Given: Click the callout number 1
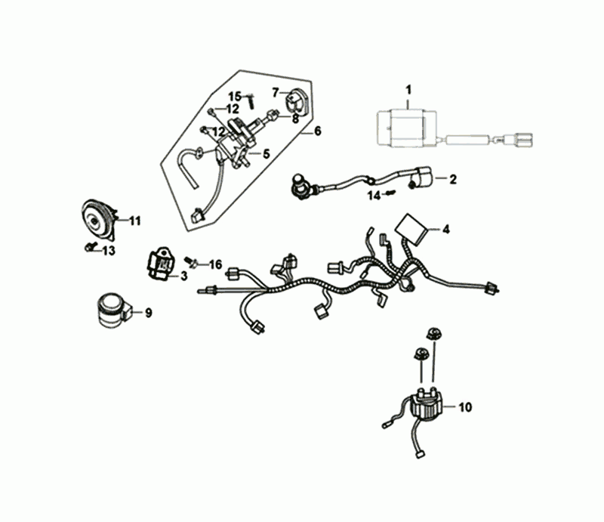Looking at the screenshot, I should point(408,92).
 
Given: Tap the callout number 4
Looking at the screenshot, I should point(445,228).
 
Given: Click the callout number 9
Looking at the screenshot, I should point(148,312).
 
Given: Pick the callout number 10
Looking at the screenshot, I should point(464,407).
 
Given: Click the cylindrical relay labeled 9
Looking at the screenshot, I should point(109,310).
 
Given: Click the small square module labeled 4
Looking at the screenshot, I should point(411,224).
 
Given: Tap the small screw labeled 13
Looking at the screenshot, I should point(89,247).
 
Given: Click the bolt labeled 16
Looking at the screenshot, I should point(193,261).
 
